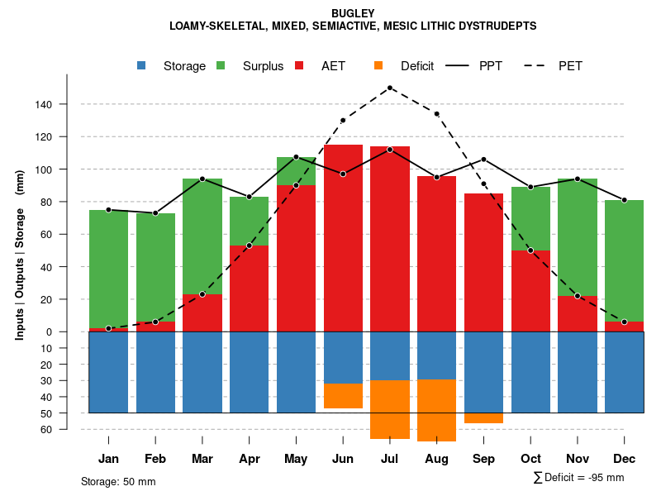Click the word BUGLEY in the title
[x=353, y=13]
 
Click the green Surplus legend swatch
[x=221, y=66]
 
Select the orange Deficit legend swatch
[x=378, y=66]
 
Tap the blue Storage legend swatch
[x=142, y=66]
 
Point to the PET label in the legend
[x=570, y=66]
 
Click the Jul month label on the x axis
[x=389, y=459]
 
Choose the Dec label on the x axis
[x=624, y=459]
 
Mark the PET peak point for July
[x=389, y=88]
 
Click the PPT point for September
[x=483, y=159]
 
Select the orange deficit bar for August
[x=436, y=410]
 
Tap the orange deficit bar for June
[x=343, y=396]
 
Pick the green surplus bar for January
[x=108, y=269]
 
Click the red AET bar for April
[x=249, y=289]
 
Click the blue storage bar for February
[x=155, y=372]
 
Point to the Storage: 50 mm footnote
[x=118, y=481]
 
